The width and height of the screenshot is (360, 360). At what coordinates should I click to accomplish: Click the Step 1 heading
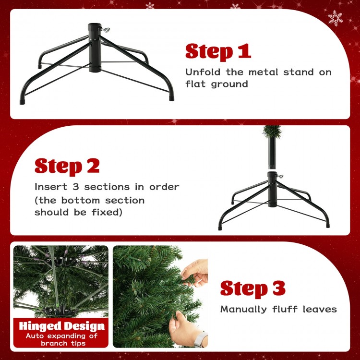click(218, 52)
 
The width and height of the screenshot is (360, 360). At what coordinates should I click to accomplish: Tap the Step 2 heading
click(67, 166)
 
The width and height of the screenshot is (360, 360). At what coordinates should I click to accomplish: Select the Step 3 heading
click(253, 288)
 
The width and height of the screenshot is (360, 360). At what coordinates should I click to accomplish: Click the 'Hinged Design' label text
click(61, 327)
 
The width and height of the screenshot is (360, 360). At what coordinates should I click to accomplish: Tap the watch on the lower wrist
click(200, 338)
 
